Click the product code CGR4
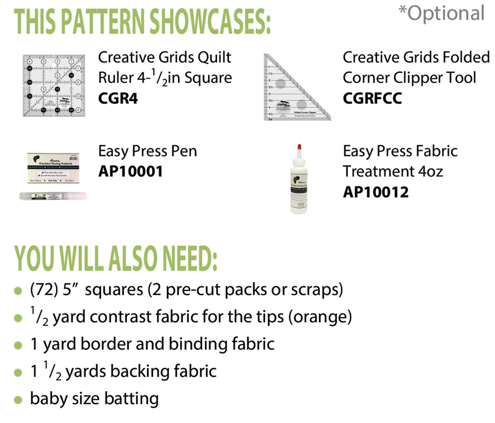[x=118, y=98]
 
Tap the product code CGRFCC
[x=372, y=98]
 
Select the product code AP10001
[x=130, y=171]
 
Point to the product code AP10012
[x=376, y=192]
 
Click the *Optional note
[x=442, y=13]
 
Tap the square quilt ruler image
[x=53, y=85]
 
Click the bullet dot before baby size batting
[x=18, y=400]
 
